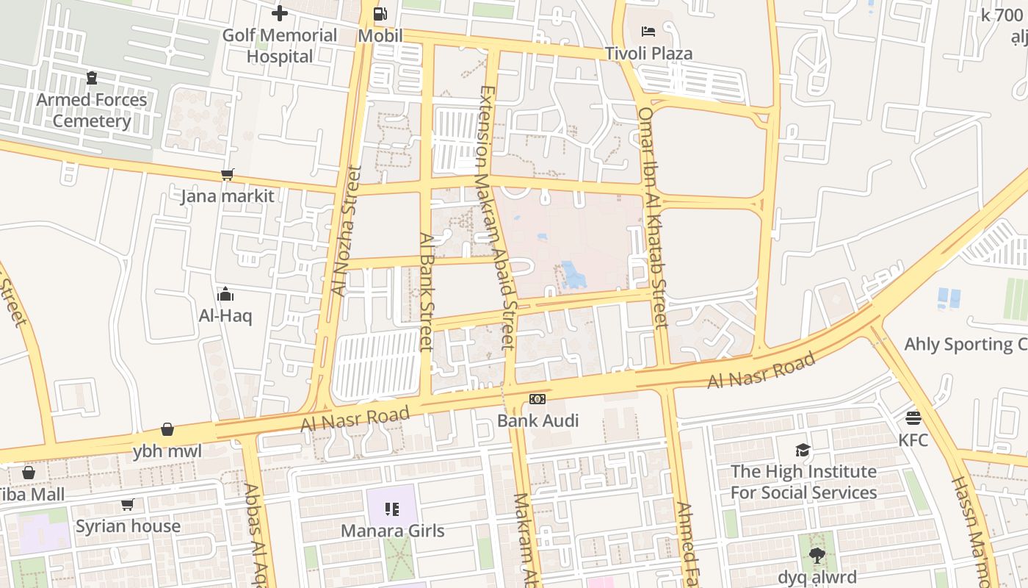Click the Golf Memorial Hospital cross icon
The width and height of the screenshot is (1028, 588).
point(279,13)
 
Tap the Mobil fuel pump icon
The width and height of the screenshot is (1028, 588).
point(380,13)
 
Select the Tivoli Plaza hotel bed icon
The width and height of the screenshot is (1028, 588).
point(648,31)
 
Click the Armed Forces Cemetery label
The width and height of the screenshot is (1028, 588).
point(92,110)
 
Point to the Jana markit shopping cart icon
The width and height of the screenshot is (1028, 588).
point(227,174)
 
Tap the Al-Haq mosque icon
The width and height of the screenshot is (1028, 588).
point(225,295)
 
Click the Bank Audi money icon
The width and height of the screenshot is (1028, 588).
point(537,399)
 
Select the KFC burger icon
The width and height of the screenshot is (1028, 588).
point(913,418)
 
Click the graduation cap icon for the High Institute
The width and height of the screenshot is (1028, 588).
point(803,449)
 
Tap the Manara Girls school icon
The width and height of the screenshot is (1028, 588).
point(392,509)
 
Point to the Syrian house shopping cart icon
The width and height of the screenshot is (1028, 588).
point(128,504)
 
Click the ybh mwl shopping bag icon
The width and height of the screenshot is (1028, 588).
point(167,429)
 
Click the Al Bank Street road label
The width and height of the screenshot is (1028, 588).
point(427,291)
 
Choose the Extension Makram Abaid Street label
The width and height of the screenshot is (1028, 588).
point(496,217)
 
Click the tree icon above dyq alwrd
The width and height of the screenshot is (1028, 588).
point(817,555)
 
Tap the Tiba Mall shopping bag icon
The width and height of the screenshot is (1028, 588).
point(29,472)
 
